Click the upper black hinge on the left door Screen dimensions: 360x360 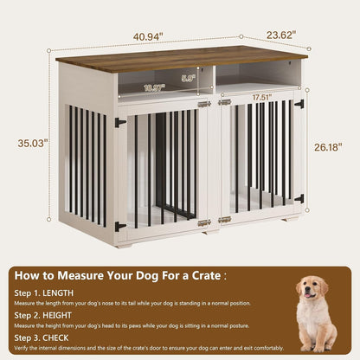coord(120,122)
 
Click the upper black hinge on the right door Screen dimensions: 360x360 coord(299,105)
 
